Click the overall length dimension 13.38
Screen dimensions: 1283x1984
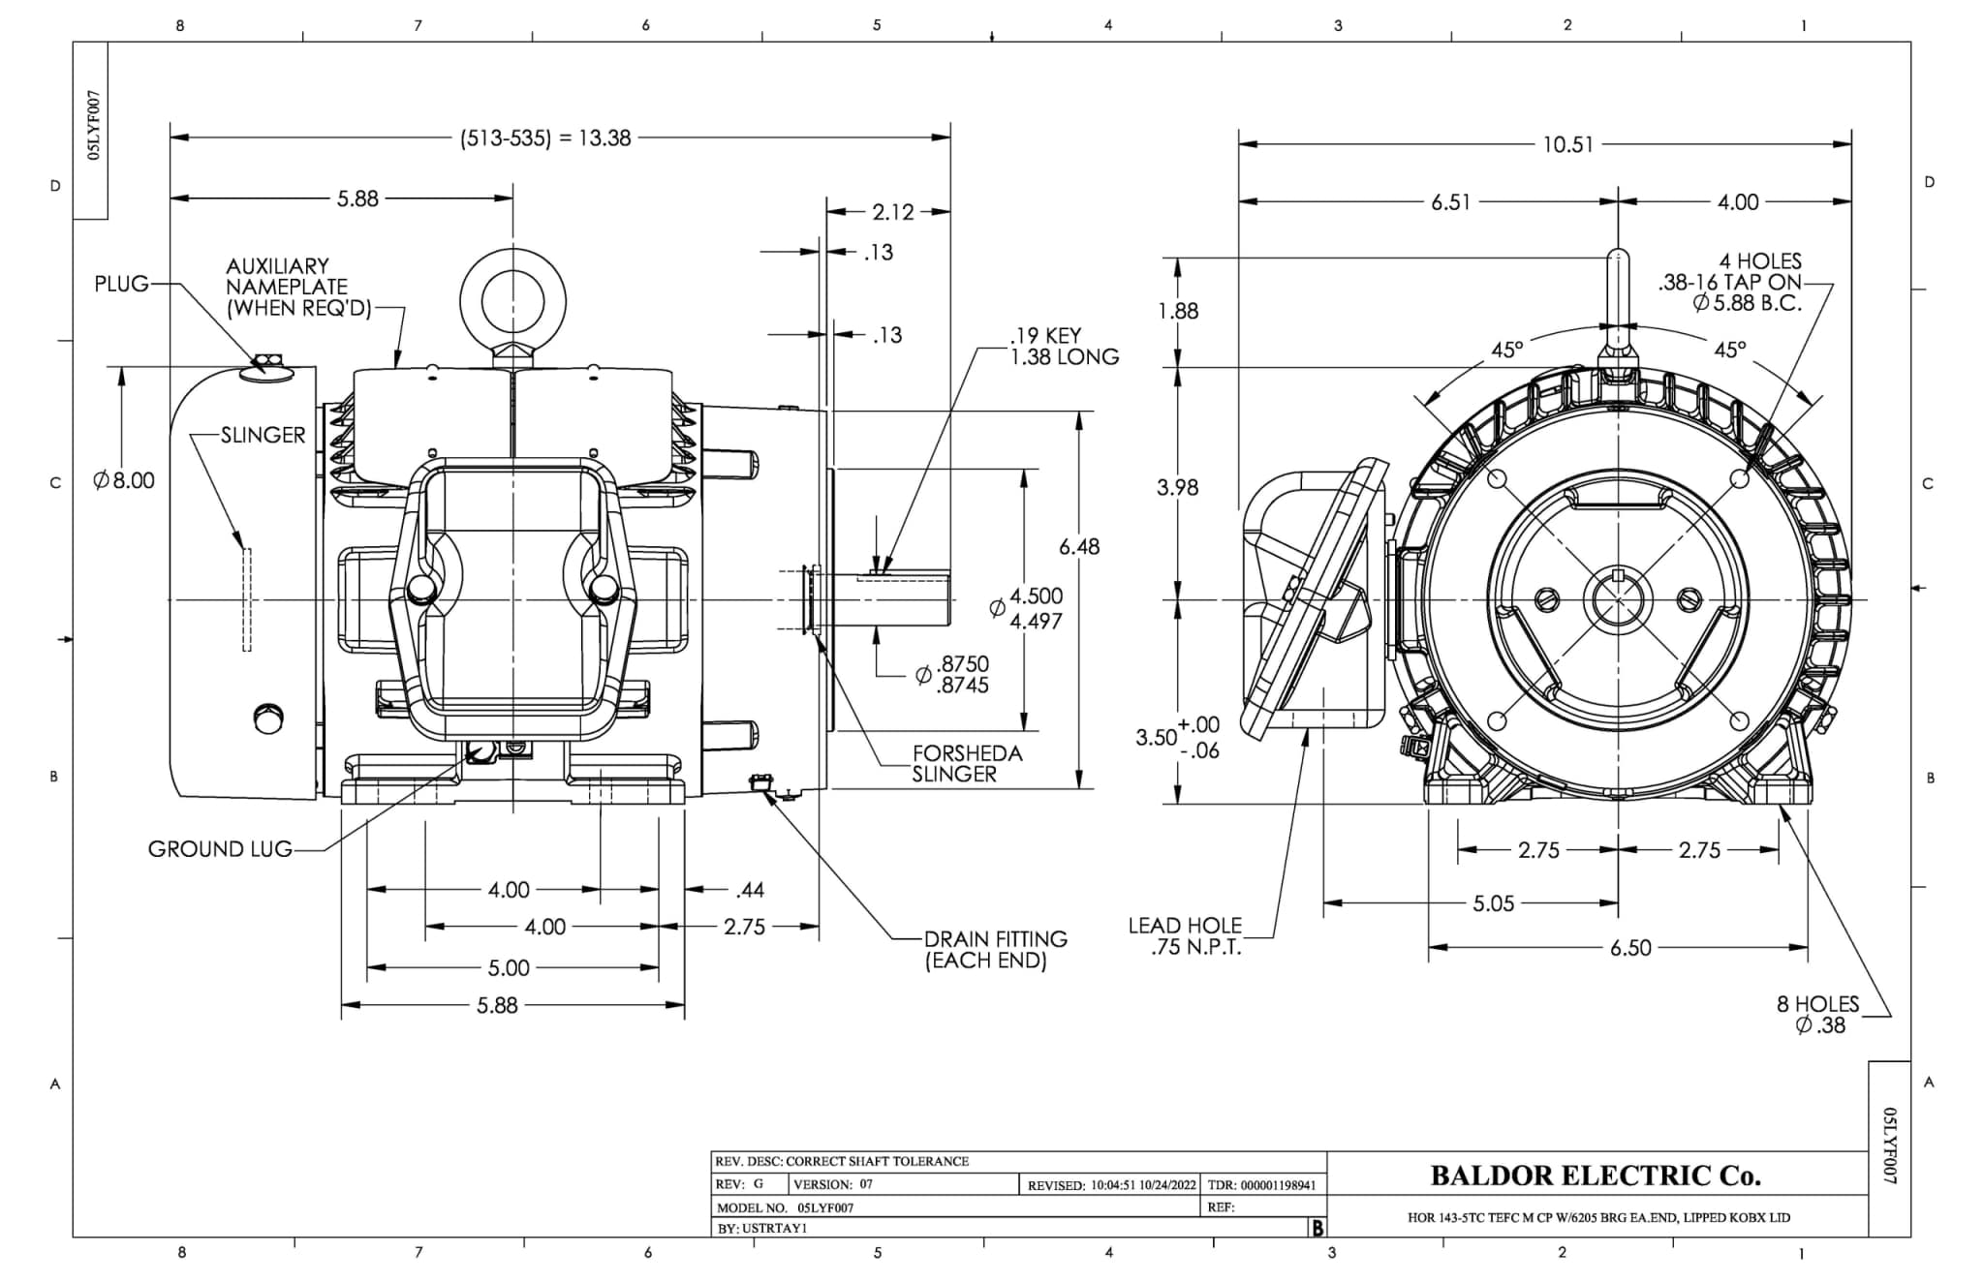click(x=545, y=138)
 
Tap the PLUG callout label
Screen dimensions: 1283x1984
click(x=121, y=284)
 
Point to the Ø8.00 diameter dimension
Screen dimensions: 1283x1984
click(x=124, y=480)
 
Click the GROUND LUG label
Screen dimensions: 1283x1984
click(x=220, y=849)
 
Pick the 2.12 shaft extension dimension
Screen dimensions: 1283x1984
click(x=892, y=212)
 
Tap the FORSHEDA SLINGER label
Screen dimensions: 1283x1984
click(x=966, y=763)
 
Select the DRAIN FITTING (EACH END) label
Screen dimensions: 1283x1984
click(x=995, y=949)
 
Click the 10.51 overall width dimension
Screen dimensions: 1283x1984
click(x=1567, y=144)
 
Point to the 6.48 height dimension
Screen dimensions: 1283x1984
click(x=1078, y=547)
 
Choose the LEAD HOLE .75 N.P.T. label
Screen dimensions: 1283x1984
click(x=1184, y=936)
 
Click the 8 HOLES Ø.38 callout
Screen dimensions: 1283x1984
click(x=1817, y=1015)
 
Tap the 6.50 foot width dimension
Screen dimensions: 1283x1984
click(x=1630, y=948)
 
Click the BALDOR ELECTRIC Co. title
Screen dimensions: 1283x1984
click(x=1596, y=1176)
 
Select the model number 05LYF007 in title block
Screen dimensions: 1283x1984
click(x=825, y=1207)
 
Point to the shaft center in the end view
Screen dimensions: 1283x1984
click(x=1619, y=600)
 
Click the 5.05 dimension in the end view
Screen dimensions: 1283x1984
click(x=1493, y=903)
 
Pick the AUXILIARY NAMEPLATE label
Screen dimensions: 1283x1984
click(x=286, y=288)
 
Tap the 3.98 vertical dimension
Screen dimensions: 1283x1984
click(x=1177, y=488)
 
